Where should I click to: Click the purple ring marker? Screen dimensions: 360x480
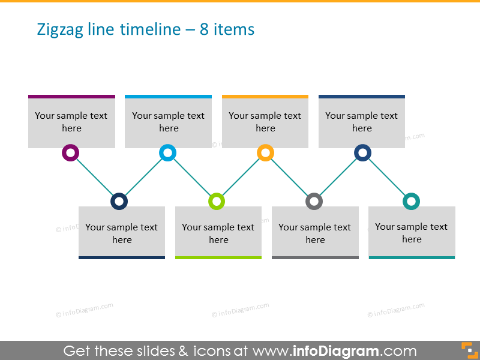71,153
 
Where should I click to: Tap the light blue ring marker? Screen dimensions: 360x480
168,153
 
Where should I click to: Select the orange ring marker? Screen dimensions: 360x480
265,153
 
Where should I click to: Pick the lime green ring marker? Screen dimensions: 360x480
217,201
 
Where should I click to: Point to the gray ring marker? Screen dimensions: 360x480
314,201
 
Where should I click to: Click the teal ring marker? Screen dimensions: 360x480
411,201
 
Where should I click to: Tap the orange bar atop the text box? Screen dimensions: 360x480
265,96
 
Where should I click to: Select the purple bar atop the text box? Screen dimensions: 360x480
71,96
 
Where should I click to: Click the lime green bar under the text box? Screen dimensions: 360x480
218,257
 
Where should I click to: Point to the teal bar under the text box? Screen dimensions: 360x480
412,257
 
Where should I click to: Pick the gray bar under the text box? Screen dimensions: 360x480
315,257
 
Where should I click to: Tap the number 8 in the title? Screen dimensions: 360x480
204,29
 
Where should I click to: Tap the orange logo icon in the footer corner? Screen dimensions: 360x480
467,350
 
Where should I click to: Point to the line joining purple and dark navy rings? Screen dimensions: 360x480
95,177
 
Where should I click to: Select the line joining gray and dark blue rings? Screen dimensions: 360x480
338,177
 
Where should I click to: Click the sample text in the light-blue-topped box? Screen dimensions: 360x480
169,122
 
